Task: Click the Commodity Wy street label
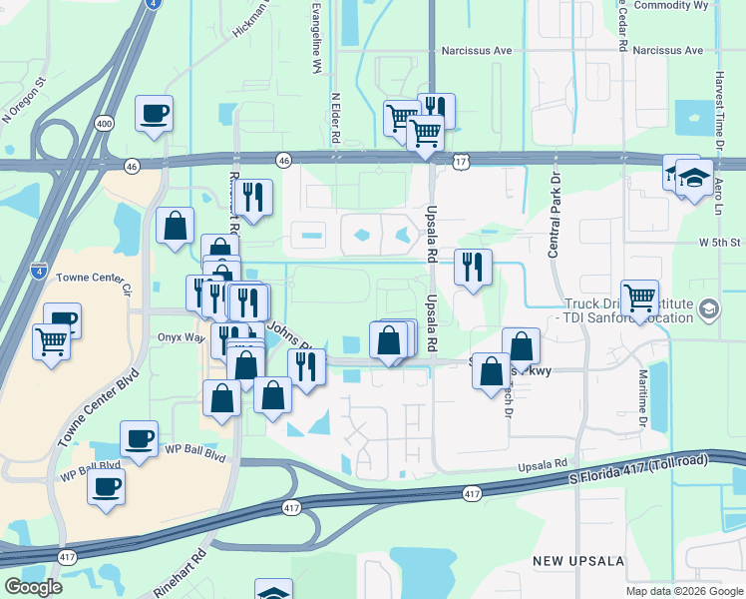pos(672,5)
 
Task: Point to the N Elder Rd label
pos(336,119)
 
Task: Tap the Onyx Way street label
pos(181,337)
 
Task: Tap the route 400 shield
pos(104,123)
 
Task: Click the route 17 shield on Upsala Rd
pos(460,160)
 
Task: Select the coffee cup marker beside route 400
pos(154,114)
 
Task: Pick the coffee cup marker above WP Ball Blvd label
pos(139,438)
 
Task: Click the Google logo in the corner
pos(34,587)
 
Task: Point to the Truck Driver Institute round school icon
pos(708,308)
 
